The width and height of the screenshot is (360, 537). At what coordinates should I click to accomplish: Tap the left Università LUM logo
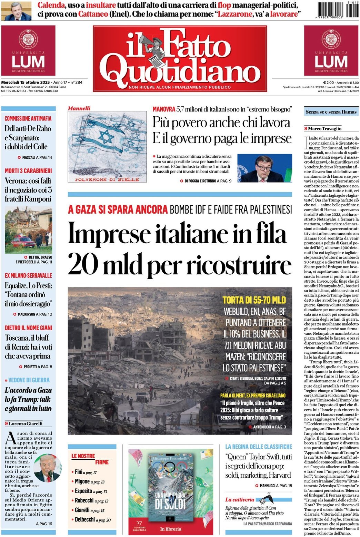click(28, 50)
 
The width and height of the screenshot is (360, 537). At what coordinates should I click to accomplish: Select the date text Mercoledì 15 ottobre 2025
click(26, 82)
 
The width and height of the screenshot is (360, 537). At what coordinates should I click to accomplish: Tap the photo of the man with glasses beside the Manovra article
click(264, 168)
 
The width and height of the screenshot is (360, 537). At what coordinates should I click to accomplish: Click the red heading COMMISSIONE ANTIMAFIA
click(28, 118)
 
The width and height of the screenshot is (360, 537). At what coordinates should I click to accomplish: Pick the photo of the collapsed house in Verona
click(29, 230)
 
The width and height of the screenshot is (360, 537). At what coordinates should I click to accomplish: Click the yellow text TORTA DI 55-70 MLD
click(254, 300)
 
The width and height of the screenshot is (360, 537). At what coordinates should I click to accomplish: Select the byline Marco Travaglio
click(324, 128)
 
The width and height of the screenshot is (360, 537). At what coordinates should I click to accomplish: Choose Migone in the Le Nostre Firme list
click(82, 481)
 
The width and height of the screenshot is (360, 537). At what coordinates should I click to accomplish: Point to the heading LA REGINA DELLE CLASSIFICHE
click(259, 447)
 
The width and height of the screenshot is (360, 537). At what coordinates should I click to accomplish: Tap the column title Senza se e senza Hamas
click(331, 112)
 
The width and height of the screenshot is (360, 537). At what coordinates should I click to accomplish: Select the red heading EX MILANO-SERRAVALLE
click(28, 275)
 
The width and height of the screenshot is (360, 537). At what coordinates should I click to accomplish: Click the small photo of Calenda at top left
click(16, 11)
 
